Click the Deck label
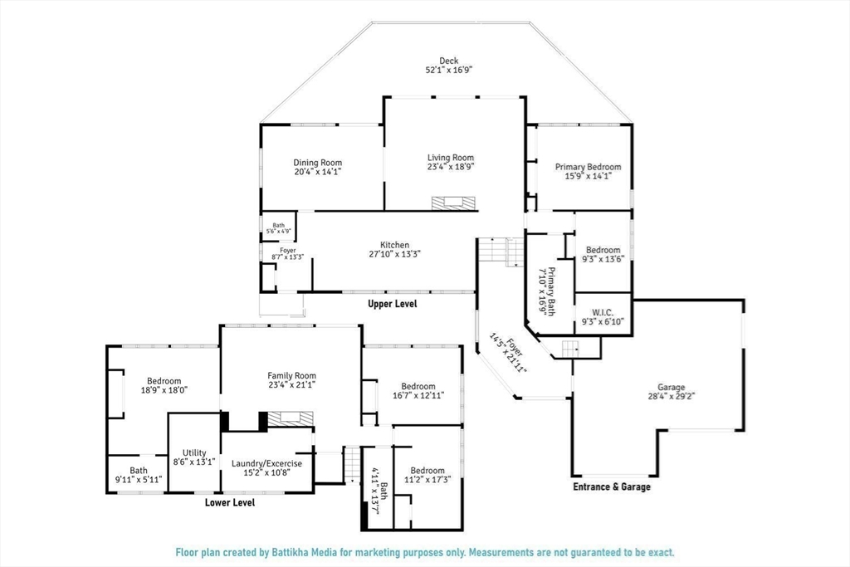[448, 61]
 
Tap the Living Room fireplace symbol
[454, 203]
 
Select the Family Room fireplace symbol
[291, 418]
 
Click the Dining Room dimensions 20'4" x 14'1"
[318, 172]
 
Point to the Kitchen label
[394, 245]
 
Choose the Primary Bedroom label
[589, 167]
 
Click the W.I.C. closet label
[603, 313]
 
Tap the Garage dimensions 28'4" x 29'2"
[671, 396]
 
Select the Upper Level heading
[393, 304]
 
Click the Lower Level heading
[230, 502]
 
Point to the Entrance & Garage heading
[612, 486]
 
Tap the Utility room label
[194, 452]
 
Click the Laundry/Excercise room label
[266, 463]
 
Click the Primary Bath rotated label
[552, 291]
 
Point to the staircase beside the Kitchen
[501, 251]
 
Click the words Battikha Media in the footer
[306, 553]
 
